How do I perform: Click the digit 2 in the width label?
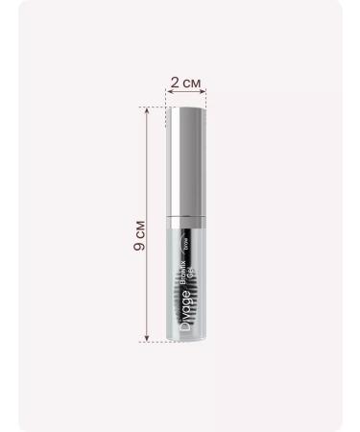coord(173,84)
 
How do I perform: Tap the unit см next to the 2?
coord(192,84)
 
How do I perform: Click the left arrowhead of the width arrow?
coord(168,94)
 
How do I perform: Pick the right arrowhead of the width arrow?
coord(206,94)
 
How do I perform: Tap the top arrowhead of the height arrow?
coord(147,109)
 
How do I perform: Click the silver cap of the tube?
coord(187,163)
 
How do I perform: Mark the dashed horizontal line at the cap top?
coord(154,107)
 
